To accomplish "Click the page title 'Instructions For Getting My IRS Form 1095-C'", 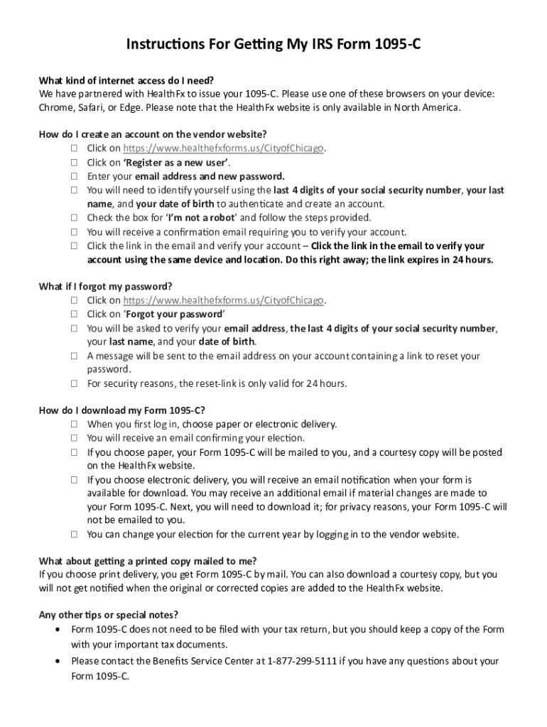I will (273, 46).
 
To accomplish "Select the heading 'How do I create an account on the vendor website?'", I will (153, 134).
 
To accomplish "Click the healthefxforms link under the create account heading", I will (224, 148).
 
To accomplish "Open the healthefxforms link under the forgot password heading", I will (224, 300).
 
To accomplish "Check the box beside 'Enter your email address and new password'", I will (74, 176).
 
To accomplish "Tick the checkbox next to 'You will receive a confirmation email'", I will (74, 232).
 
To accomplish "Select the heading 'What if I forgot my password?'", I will (106, 286).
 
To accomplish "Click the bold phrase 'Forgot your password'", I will (174, 314).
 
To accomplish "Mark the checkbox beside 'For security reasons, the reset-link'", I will (74, 384).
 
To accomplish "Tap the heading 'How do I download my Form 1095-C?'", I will (123, 410).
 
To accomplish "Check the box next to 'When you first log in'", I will (74, 425).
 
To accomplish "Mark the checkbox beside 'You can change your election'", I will (74, 535).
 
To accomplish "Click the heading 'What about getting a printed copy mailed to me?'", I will (148, 560).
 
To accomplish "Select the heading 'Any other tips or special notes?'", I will (109, 615).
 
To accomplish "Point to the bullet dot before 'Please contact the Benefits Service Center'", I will (58, 661).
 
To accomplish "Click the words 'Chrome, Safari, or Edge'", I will (85, 107).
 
